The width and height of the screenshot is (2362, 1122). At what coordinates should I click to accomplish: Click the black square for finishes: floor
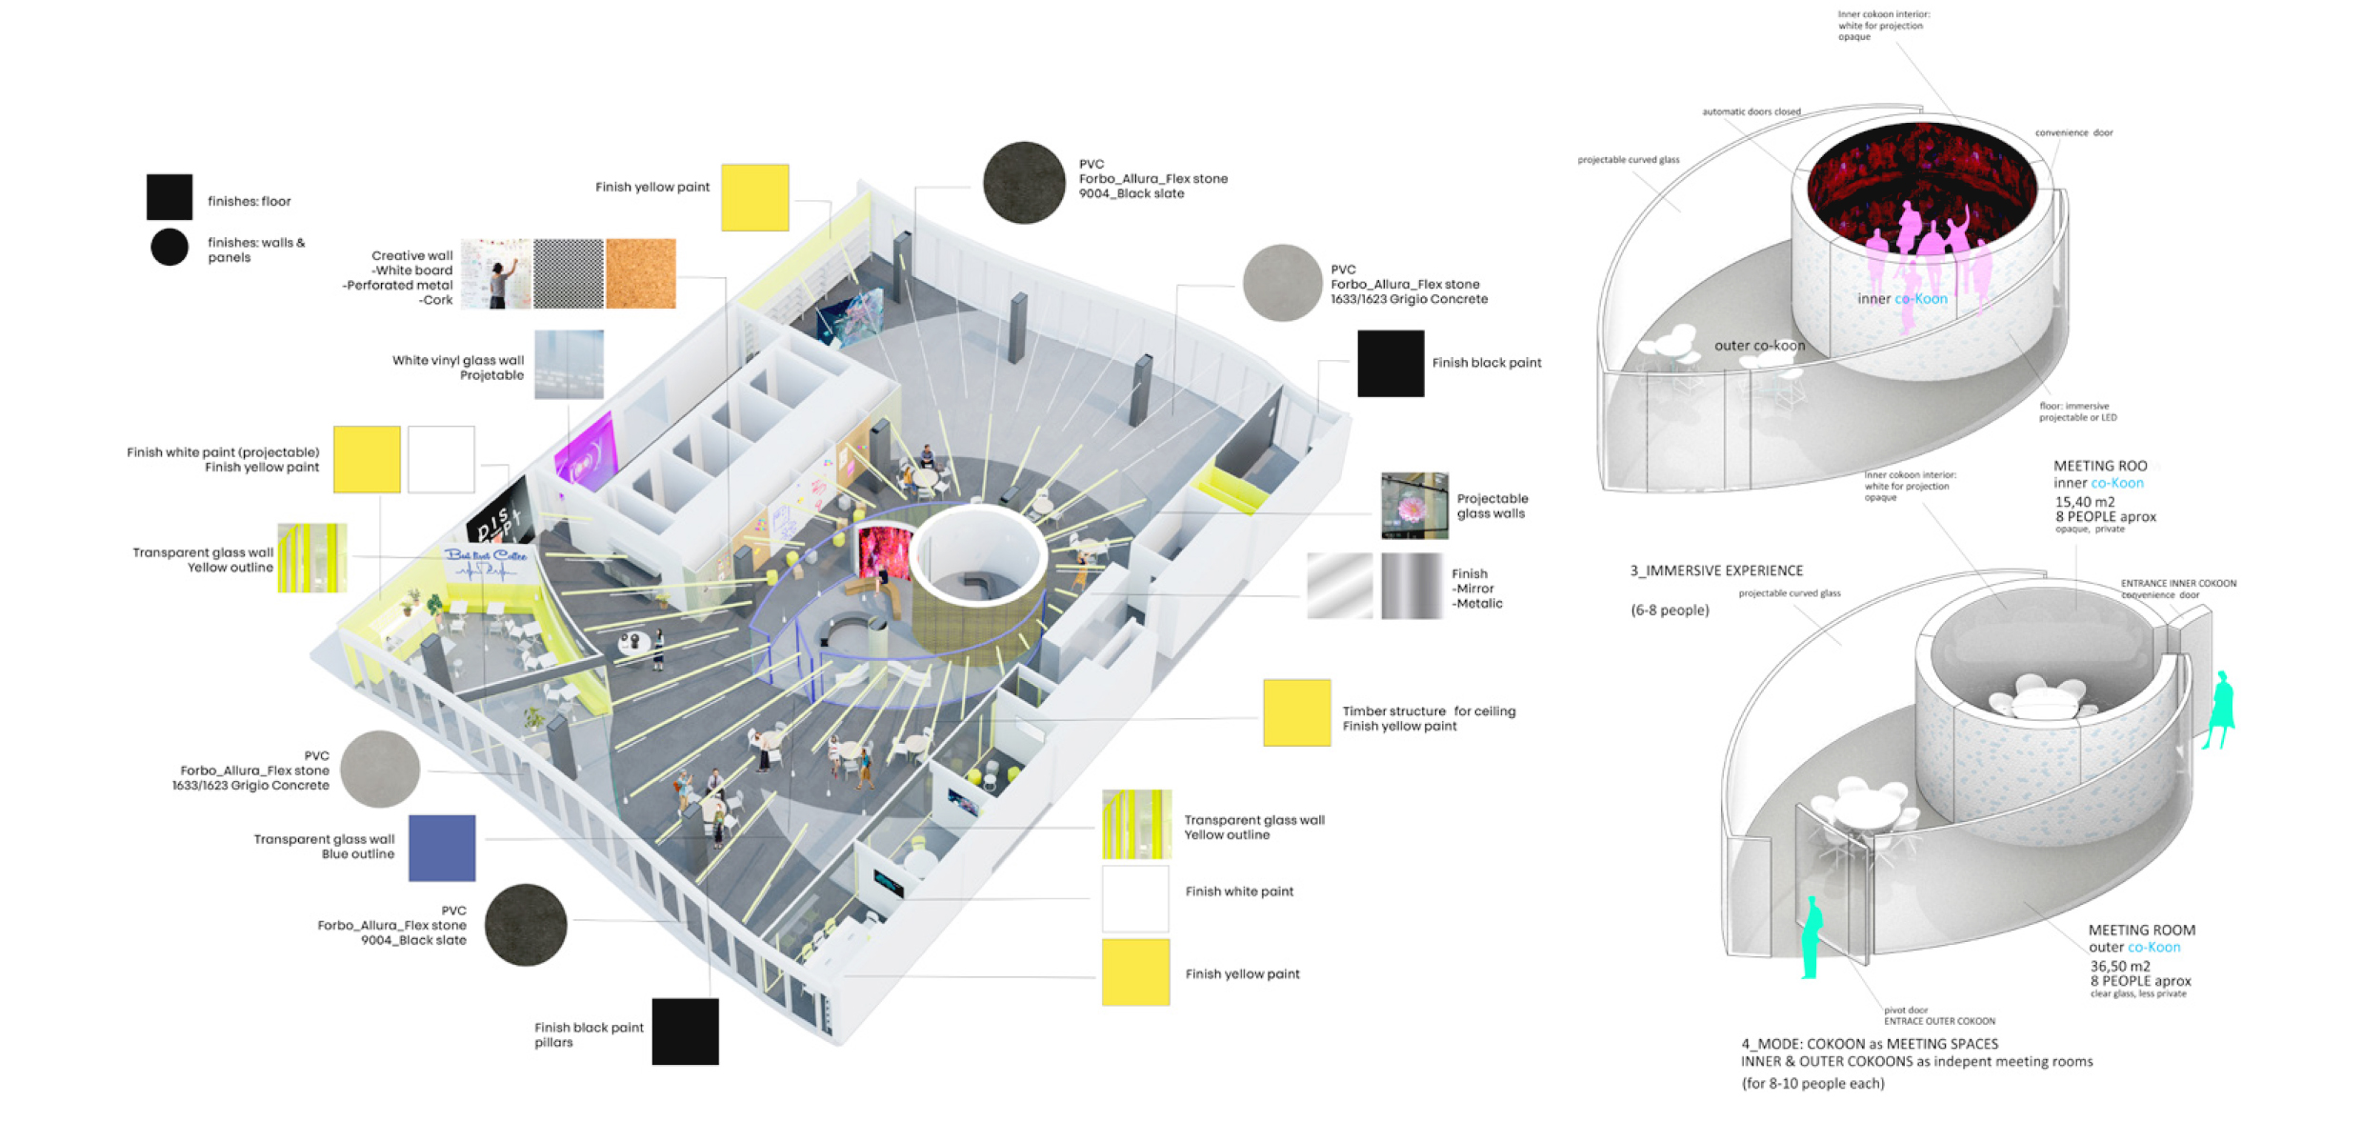coord(170,197)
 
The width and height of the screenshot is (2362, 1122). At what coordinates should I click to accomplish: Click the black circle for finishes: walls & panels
coord(170,248)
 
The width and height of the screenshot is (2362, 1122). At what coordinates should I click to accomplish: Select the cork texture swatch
coord(640,273)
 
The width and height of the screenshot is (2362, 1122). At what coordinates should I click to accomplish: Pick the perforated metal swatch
coord(569,273)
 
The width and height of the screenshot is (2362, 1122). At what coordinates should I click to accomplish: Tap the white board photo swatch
coord(495,273)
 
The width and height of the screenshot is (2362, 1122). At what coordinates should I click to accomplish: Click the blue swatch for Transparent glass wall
coord(442,848)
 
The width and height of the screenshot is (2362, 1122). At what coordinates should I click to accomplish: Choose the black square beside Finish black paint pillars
coord(685,1032)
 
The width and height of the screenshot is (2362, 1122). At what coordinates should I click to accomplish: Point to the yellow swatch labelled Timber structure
coord(1296,712)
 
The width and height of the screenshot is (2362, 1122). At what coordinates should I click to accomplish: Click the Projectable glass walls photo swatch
coord(1414,506)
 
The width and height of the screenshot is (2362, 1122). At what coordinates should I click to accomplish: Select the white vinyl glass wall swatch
coord(569,365)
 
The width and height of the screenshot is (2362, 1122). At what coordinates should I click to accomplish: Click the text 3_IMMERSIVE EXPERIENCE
coord(1716,571)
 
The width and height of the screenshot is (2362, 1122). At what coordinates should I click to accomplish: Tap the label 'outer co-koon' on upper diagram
coord(1759,346)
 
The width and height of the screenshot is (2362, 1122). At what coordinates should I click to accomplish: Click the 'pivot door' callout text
coord(1905,1010)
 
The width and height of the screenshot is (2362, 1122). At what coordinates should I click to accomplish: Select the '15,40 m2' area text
coord(2084,502)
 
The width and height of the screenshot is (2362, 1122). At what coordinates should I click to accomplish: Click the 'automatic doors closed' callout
coord(1751,111)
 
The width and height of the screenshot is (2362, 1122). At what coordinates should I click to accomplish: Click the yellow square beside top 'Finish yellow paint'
coord(754,197)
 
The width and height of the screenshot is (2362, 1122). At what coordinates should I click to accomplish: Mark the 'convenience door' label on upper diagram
coord(2073,132)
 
